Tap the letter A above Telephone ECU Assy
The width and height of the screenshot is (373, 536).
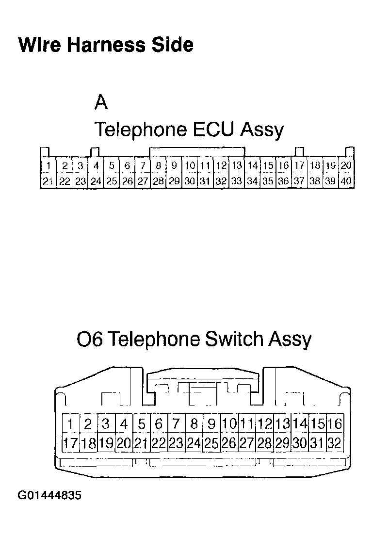(x=101, y=102)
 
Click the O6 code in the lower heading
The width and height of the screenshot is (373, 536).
(x=89, y=339)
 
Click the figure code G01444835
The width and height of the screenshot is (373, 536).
(x=50, y=496)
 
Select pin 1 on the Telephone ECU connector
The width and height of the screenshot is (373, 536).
(x=49, y=166)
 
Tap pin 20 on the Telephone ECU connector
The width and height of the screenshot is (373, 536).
(x=346, y=166)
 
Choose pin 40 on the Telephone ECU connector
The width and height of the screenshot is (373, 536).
(x=346, y=181)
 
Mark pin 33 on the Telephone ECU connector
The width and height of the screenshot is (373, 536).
(x=237, y=181)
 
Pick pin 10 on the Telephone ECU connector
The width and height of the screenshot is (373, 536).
(x=190, y=166)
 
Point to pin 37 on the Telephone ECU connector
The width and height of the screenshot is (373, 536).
(x=300, y=181)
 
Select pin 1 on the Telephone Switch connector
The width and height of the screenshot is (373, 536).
(x=70, y=424)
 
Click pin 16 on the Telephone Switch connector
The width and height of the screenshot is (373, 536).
(x=335, y=424)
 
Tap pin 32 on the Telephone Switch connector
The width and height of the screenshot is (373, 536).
(x=335, y=443)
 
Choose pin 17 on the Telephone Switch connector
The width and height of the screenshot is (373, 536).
(x=70, y=443)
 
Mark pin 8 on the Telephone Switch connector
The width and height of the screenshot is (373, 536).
(x=194, y=424)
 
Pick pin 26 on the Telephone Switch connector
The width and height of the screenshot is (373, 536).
(x=229, y=443)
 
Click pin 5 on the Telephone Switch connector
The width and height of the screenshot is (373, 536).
(x=141, y=424)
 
